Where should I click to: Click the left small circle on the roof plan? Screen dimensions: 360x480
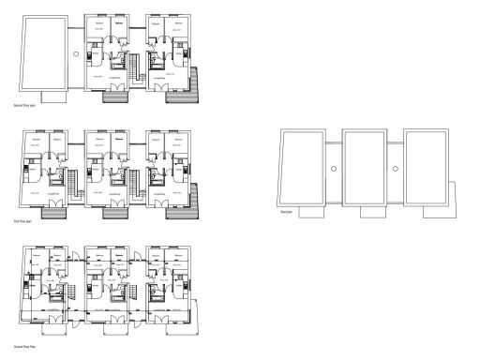click(x=336, y=169)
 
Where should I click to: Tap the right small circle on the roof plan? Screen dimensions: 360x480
click(x=396, y=169)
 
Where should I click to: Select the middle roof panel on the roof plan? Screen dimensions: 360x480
click(x=366, y=165)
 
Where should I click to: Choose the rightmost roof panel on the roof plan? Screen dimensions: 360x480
click(x=427, y=165)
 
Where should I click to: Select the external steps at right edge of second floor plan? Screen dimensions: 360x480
click(x=194, y=86)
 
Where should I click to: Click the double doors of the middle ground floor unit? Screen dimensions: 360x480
click(x=117, y=317)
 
